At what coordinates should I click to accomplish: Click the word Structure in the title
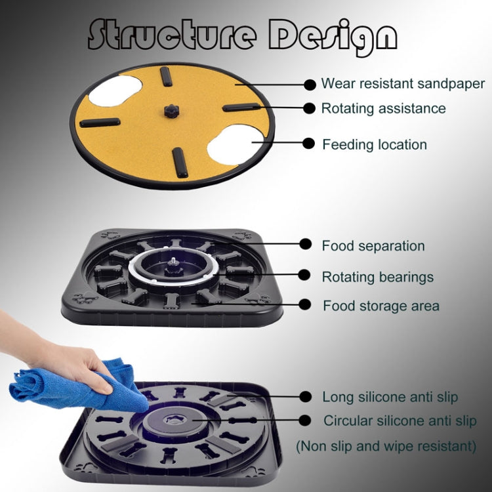(172, 34)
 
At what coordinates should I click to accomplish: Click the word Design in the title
(333, 36)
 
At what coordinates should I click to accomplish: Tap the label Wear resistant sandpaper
(403, 84)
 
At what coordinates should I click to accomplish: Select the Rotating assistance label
(384, 108)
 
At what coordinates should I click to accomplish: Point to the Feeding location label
(375, 145)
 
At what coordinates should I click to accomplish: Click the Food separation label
(373, 246)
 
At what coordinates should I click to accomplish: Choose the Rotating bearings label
(378, 277)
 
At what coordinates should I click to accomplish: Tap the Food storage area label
(381, 306)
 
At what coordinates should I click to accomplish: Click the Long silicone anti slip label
(390, 397)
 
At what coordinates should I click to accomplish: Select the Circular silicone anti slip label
(400, 420)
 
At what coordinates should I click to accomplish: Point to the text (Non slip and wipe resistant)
(386, 446)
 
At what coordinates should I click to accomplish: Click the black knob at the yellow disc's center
(171, 111)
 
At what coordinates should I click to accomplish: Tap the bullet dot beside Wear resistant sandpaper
(310, 85)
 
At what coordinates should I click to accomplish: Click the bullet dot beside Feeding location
(309, 144)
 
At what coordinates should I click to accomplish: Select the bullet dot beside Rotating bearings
(304, 275)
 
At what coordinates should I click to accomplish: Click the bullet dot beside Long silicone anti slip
(305, 396)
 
